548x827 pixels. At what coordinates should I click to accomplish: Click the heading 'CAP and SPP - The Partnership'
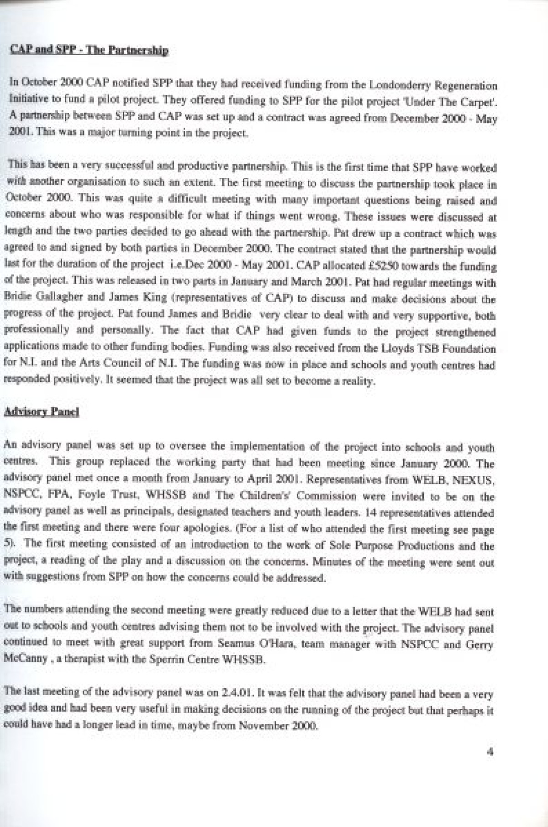point(89,50)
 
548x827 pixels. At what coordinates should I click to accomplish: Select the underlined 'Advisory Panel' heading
point(42,412)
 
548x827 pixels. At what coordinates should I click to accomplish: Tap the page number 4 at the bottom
point(490,752)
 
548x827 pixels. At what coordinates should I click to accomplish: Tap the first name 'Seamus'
point(237,643)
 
